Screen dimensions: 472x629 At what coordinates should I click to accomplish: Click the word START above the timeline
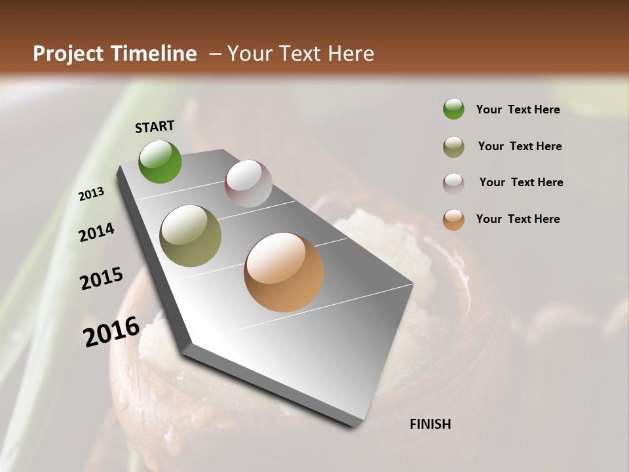[155, 127]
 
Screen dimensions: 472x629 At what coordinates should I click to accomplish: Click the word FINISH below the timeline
[430, 424]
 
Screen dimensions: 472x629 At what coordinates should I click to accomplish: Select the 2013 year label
[91, 194]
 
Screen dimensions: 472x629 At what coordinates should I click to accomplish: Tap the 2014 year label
[97, 232]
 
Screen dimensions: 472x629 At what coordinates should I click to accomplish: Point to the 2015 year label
[102, 279]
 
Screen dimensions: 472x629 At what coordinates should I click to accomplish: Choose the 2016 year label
[111, 331]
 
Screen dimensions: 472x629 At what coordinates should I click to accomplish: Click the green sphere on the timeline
[160, 162]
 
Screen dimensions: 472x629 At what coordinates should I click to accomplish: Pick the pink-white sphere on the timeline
[248, 184]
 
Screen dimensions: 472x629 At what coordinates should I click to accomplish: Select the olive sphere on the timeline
[191, 236]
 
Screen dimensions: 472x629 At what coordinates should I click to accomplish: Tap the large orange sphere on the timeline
[284, 272]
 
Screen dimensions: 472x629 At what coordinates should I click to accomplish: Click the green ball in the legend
[453, 109]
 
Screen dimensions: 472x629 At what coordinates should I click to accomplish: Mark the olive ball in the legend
[453, 147]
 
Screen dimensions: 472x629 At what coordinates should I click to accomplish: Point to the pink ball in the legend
[453, 184]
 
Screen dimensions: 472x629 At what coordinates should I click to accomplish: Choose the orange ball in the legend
[453, 220]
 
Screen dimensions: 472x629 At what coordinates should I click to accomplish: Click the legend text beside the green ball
[518, 109]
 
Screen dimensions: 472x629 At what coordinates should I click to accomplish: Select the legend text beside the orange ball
[518, 219]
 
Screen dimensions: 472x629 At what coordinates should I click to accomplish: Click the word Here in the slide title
[351, 54]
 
